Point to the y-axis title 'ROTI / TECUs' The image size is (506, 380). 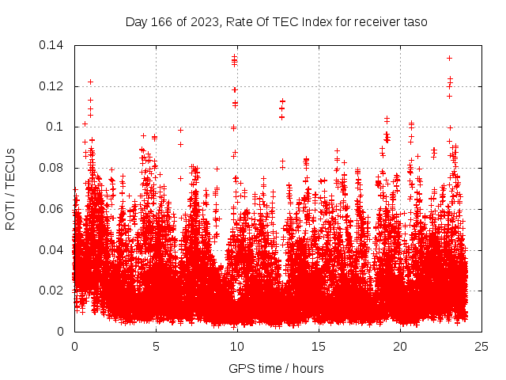tap(10, 188)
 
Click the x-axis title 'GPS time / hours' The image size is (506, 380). tap(276, 368)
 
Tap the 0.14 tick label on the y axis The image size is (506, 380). tap(51, 45)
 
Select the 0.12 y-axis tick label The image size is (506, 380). tap(51, 86)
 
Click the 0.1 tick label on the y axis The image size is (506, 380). tap(55, 127)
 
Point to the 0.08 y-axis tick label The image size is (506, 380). tap(51, 168)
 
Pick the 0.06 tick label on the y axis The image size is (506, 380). tap(51, 209)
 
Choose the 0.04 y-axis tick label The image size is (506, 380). tap(51, 250)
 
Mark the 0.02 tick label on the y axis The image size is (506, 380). tap(51, 291)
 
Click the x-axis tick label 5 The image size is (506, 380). tap(156, 346)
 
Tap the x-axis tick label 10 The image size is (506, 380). tap(237, 346)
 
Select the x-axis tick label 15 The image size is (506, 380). tap(319, 346)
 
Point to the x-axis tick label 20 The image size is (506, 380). tap(400, 346)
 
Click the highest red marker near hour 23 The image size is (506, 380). tap(449, 58)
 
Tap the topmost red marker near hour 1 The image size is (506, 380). tap(90, 82)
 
